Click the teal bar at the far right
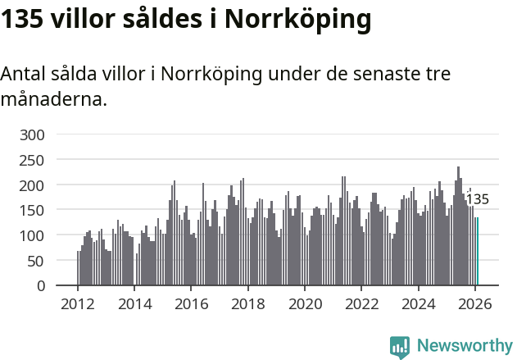[477, 252]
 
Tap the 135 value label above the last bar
[477, 199]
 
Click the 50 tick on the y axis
[37, 261]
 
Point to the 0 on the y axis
[41, 286]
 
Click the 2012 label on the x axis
[78, 304]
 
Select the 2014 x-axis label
[134, 304]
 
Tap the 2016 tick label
[191, 304]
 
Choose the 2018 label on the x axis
[247, 304]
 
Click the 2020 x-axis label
[305, 304]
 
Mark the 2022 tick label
[361, 304]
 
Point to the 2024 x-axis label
[418, 304]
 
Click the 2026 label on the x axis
[474, 304]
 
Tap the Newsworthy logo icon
[400, 347]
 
